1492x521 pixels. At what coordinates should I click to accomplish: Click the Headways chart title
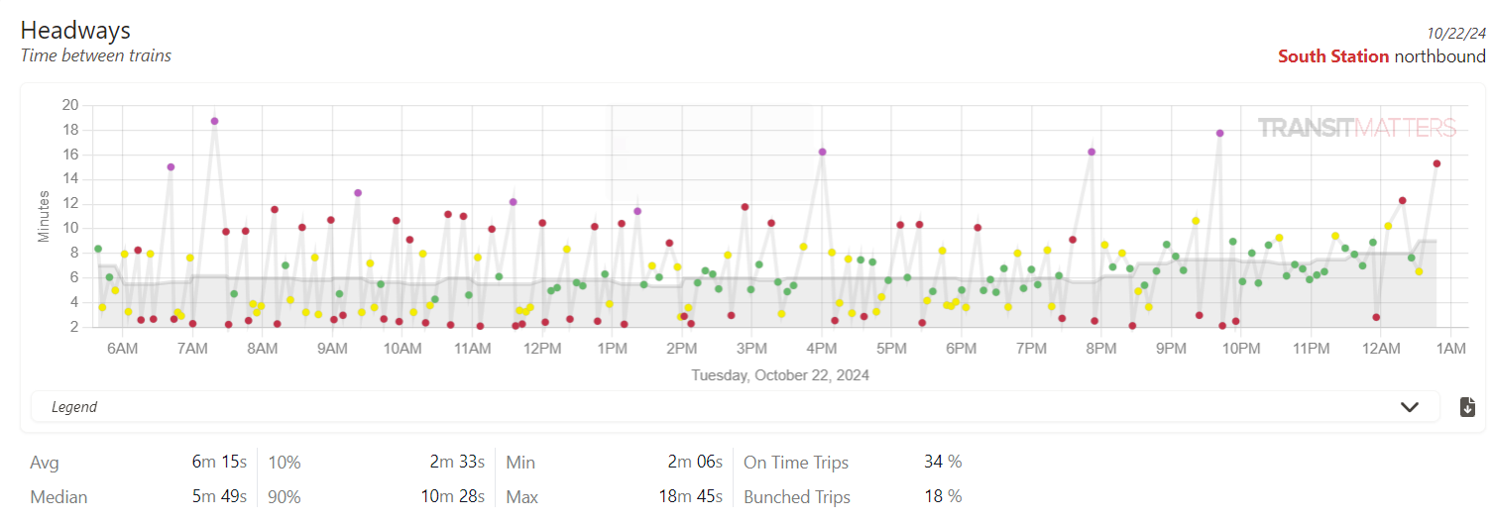pos(75,30)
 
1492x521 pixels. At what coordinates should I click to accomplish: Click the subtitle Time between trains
pos(96,55)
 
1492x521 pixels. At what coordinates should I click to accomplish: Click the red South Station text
pos(1333,56)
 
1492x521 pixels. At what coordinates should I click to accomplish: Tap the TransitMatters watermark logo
pos(1356,128)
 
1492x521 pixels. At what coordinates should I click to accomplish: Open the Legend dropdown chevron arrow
pos(1409,407)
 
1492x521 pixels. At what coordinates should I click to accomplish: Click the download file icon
pos(1468,407)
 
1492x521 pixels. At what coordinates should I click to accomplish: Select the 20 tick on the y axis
pos(70,105)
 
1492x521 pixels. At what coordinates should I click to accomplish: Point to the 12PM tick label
pos(542,349)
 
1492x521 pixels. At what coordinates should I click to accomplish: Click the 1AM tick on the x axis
pos(1451,349)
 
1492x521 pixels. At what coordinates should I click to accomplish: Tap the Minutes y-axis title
pos(45,216)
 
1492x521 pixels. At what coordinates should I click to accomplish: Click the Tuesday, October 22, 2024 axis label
pos(780,375)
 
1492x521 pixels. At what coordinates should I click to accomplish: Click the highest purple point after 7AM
pos(214,121)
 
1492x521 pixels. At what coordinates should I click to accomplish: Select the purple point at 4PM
pos(822,152)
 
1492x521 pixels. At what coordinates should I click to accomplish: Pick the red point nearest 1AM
pos(1436,163)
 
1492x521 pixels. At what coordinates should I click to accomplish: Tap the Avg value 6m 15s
pos(219,463)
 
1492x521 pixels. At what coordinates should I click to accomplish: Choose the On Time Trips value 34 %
pos(943,463)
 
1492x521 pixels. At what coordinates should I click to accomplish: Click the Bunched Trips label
pos(797,496)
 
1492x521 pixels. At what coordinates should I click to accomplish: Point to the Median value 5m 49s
pos(219,496)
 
